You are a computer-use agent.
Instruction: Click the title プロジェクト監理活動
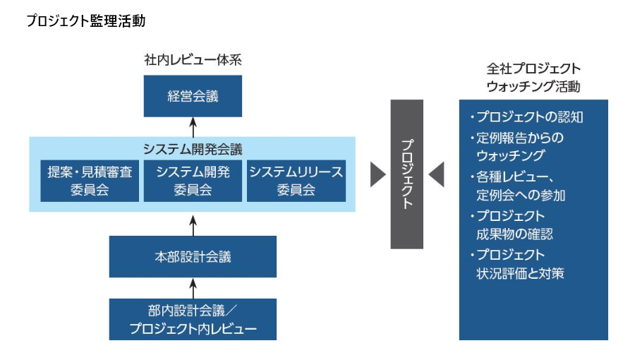(x=85, y=21)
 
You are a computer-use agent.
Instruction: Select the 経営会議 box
(x=193, y=96)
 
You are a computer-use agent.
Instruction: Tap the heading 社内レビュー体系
(x=193, y=60)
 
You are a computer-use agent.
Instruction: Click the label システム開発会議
(x=193, y=149)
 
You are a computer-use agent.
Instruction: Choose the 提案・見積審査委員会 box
(x=90, y=181)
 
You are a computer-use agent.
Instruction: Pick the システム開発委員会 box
(x=193, y=181)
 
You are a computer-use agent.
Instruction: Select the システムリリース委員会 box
(x=296, y=181)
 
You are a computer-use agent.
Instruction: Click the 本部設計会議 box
(x=193, y=257)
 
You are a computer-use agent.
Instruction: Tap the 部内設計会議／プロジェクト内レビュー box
(x=193, y=320)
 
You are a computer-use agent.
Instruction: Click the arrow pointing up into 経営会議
(x=193, y=127)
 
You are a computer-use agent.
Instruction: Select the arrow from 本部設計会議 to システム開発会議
(x=193, y=224)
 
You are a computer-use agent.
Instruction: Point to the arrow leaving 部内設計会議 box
(x=193, y=288)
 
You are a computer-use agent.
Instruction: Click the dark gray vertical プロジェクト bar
(x=407, y=174)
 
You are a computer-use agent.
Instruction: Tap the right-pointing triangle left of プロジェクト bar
(x=378, y=174)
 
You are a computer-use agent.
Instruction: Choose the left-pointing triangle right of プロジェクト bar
(x=436, y=174)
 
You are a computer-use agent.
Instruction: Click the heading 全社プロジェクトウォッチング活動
(x=533, y=78)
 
